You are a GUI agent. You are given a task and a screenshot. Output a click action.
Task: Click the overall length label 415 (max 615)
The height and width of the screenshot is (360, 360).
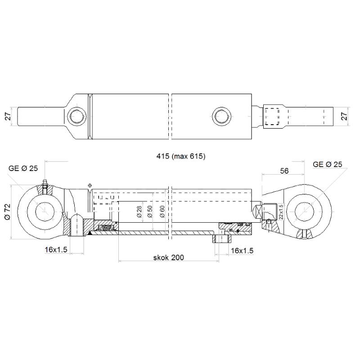(180, 157)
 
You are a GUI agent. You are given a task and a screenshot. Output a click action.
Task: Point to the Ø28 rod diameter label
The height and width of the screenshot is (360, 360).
(139, 211)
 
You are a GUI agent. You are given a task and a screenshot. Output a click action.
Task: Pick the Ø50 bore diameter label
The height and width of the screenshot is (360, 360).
(150, 211)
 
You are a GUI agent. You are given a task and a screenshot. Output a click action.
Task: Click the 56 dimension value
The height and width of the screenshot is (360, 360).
(284, 171)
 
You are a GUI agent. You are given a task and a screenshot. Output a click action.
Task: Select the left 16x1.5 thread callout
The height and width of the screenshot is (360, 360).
(56, 249)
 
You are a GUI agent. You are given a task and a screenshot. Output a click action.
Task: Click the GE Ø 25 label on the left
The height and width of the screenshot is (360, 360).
(23, 168)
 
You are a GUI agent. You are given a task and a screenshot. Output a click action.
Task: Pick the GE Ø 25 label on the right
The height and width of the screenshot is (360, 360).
(327, 165)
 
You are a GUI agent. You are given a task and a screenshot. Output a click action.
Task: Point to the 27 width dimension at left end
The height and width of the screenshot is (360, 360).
(8, 116)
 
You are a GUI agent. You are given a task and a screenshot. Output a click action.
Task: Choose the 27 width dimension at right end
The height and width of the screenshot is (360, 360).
(345, 116)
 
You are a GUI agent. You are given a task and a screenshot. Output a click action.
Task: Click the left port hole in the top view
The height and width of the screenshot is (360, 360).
(76, 117)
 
